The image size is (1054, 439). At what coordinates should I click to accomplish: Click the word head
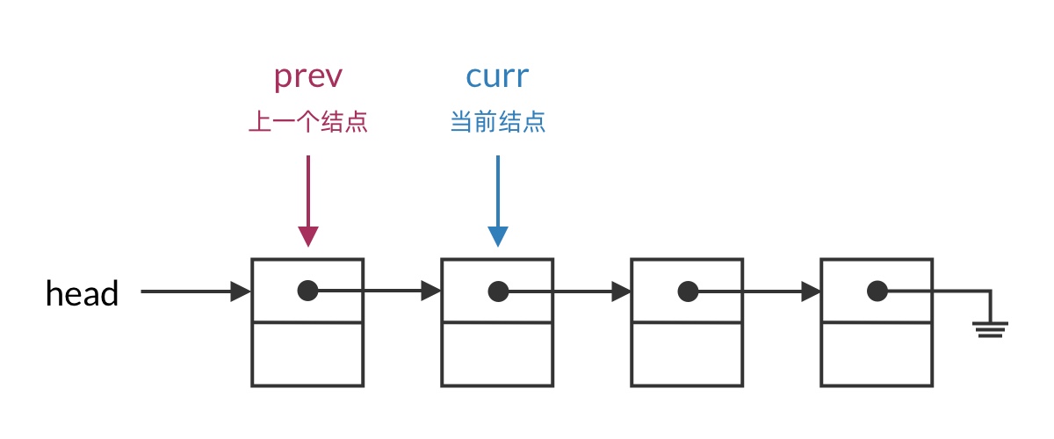[82, 292]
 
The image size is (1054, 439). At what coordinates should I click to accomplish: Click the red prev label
[307, 77]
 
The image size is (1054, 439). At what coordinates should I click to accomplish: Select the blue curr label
[497, 77]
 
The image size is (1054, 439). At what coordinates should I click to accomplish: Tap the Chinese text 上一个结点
[307, 122]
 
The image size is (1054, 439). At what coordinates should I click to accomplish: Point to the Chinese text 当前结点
[497, 122]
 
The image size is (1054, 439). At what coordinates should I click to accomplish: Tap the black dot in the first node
[307, 291]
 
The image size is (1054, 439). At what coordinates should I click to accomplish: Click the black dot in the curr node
[498, 291]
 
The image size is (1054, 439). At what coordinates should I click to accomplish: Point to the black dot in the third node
[688, 291]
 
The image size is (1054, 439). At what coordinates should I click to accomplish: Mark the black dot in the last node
[877, 291]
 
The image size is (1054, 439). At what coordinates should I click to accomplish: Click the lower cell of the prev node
[307, 354]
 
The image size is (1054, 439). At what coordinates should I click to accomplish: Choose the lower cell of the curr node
[497, 354]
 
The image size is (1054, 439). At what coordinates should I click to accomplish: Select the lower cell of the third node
[687, 354]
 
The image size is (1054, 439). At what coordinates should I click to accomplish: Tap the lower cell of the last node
[877, 354]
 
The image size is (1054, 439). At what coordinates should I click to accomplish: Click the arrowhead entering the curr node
[431, 291]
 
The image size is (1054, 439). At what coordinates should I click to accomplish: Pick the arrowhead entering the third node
[621, 291]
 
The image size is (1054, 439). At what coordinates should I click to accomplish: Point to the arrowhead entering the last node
[811, 291]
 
